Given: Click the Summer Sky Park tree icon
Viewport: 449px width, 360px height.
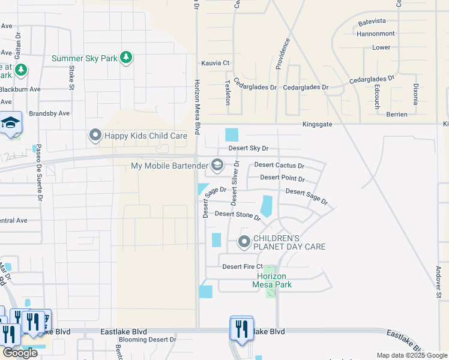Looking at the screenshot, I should pyautogui.click(x=126, y=58).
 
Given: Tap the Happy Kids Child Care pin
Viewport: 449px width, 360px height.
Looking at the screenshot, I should pyautogui.click(x=95, y=136).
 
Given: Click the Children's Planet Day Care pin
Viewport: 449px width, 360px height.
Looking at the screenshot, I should pyautogui.click(x=244, y=242).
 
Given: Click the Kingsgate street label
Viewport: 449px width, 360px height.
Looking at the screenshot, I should pyautogui.click(x=317, y=125).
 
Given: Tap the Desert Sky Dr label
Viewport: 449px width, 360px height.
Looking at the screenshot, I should pyautogui.click(x=248, y=148).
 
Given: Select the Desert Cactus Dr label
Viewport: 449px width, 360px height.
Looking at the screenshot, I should pyautogui.click(x=279, y=165).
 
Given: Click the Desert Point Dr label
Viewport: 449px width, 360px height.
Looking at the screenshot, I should pyautogui.click(x=282, y=179).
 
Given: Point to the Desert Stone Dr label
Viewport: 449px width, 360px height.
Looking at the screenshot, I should pyautogui.click(x=237, y=214).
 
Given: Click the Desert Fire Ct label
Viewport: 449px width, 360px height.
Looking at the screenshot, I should pyautogui.click(x=243, y=266).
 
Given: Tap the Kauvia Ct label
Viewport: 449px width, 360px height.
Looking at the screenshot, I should pyautogui.click(x=216, y=63).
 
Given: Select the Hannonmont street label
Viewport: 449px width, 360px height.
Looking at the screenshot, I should pyautogui.click(x=376, y=34).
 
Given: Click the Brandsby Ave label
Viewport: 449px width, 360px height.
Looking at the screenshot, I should pyautogui.click(x=49, y=113).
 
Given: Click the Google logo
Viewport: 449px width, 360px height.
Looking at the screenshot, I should pyautogui.click(x=20, y=353).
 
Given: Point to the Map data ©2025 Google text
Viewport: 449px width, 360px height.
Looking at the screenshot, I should pyautogui.click(x=412, y=355).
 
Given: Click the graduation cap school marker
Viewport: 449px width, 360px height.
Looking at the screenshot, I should pyautogui.click(x=10, y=123).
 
